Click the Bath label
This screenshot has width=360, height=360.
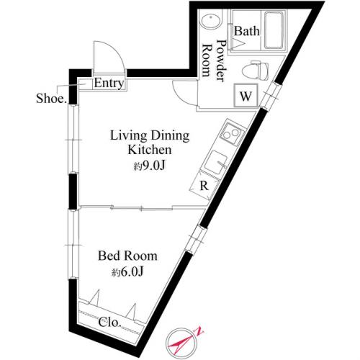pyautogui.click(x=247, y=31)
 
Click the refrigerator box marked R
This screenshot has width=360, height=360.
pyautogui.click(x=205, y=185)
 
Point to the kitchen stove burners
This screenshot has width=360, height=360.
pyautogui.click(x=231, y=135)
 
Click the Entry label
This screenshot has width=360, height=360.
pyautogui.click(x=110, y=84)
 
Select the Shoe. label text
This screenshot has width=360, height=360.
pyautogui.click(x=51, y=98)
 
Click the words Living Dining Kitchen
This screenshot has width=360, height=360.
pyautogui.click(x=148, y=143)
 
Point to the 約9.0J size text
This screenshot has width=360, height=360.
pyautogui.click(x=148, y=166)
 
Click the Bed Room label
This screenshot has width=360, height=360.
pyautogui.click(x=127, y=256)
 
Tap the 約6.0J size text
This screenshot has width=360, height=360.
pyautogui.click(x=127, y=272)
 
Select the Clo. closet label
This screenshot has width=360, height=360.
pyautogui.click(x=110, y=321)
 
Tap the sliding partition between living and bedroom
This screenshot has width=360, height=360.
pyautogui.click(x=140, y=208)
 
